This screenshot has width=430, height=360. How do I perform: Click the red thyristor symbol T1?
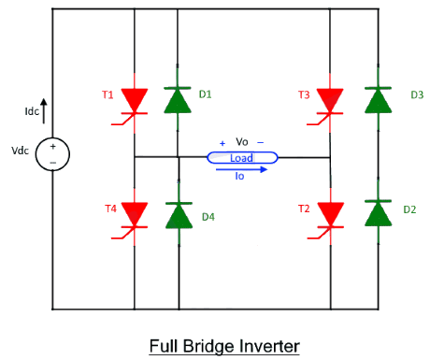point(136,100)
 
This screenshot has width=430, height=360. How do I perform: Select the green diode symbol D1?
point(178,99)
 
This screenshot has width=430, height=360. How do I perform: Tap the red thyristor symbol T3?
point(329,100)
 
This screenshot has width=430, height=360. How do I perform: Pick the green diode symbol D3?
point(378,99)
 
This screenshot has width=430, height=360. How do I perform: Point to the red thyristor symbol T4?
point(136,215)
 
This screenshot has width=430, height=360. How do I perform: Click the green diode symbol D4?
point(178,215)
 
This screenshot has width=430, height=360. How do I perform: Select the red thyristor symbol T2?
point(329,214)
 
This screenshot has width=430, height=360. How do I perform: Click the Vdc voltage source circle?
point(52,154)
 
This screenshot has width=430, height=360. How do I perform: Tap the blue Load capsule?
point(241,158)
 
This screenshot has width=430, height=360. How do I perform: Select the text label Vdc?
point(21,151)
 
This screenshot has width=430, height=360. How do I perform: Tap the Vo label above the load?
point(242,142)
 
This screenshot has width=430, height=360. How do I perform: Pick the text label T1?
point(107,94)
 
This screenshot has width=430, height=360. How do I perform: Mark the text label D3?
point(417,94)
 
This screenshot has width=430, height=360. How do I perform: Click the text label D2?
point(409,209)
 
